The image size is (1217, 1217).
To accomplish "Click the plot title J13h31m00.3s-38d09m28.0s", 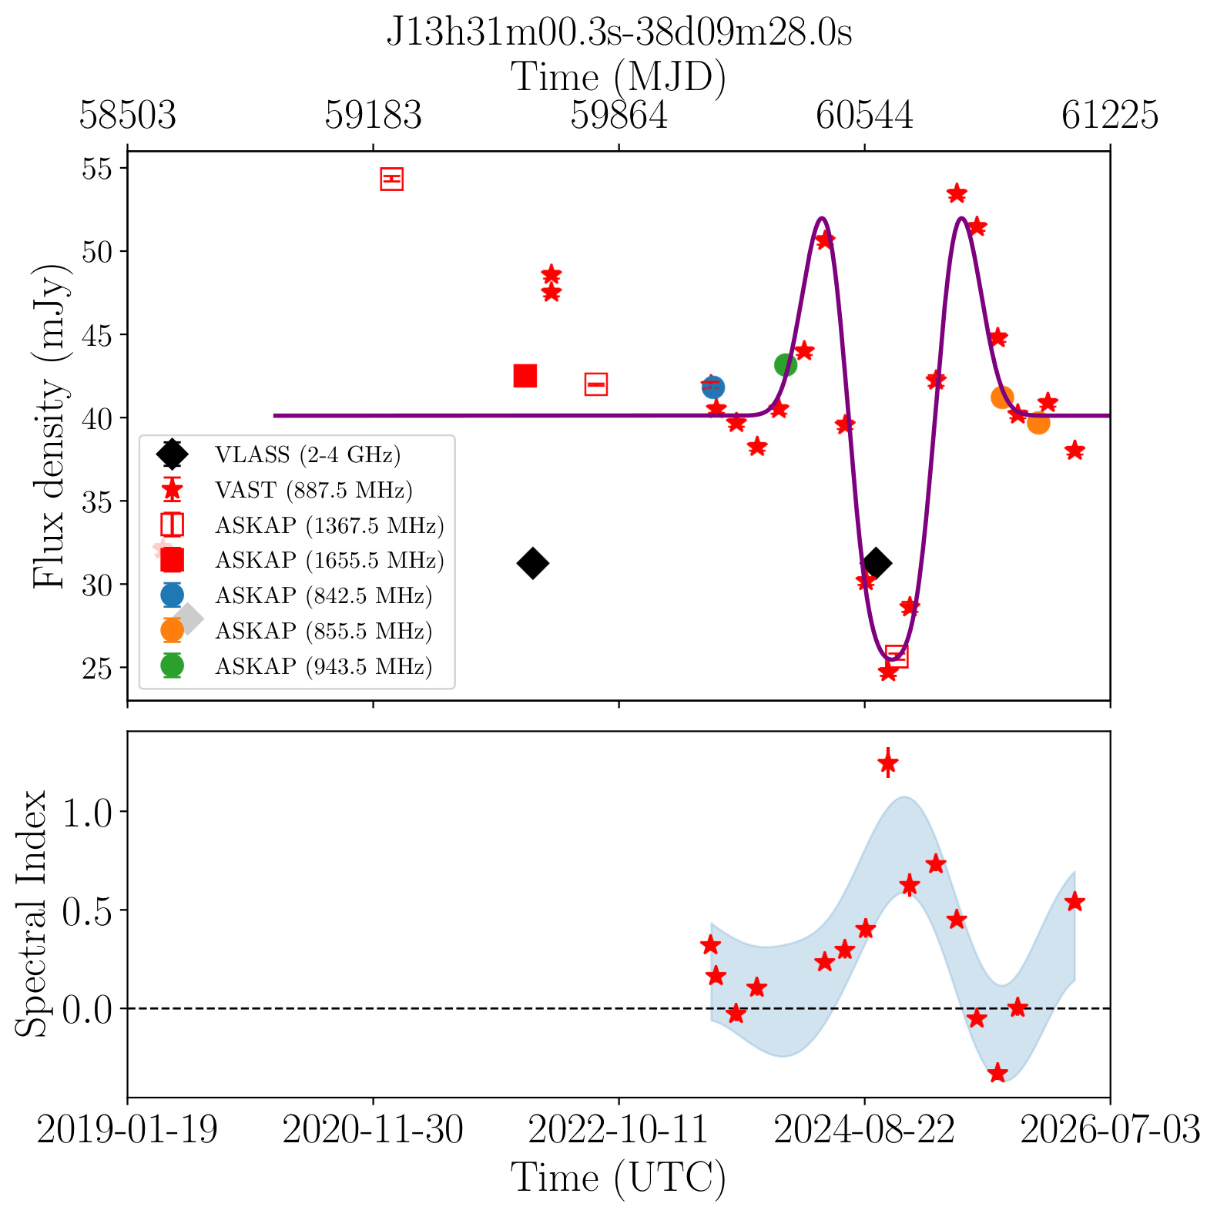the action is (x=619, y=33).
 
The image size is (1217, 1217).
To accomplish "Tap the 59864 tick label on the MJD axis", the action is (x=619, y=116).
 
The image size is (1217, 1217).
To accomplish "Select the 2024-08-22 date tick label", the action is (x=864, y=1131).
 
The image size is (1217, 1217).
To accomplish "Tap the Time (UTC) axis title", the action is (x=619, y=1178).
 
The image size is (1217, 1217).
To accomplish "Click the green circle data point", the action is (x=785, y=364).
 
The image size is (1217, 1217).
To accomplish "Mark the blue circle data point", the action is (x=713, y=387).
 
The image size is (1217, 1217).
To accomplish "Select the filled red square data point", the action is (x=525, y=376).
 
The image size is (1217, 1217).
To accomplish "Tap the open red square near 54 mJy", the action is (x=392, y=179).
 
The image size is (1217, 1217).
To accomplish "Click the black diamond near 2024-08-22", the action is (x=875, y=563).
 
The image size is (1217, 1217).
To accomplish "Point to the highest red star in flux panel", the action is (x=957, y=193).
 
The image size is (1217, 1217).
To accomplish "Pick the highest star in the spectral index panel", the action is (x=888, y=763).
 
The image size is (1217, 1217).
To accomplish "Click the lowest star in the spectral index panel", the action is (x=997, y=1073).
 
